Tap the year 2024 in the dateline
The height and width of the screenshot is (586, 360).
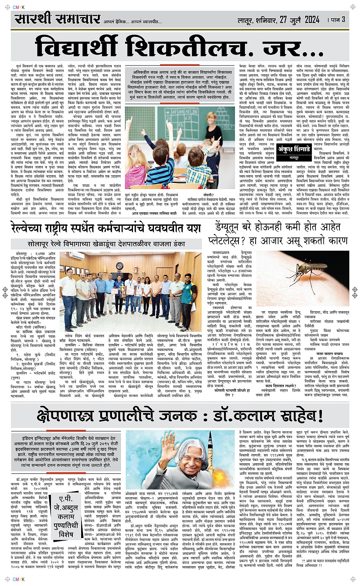[x=312, y=19]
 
